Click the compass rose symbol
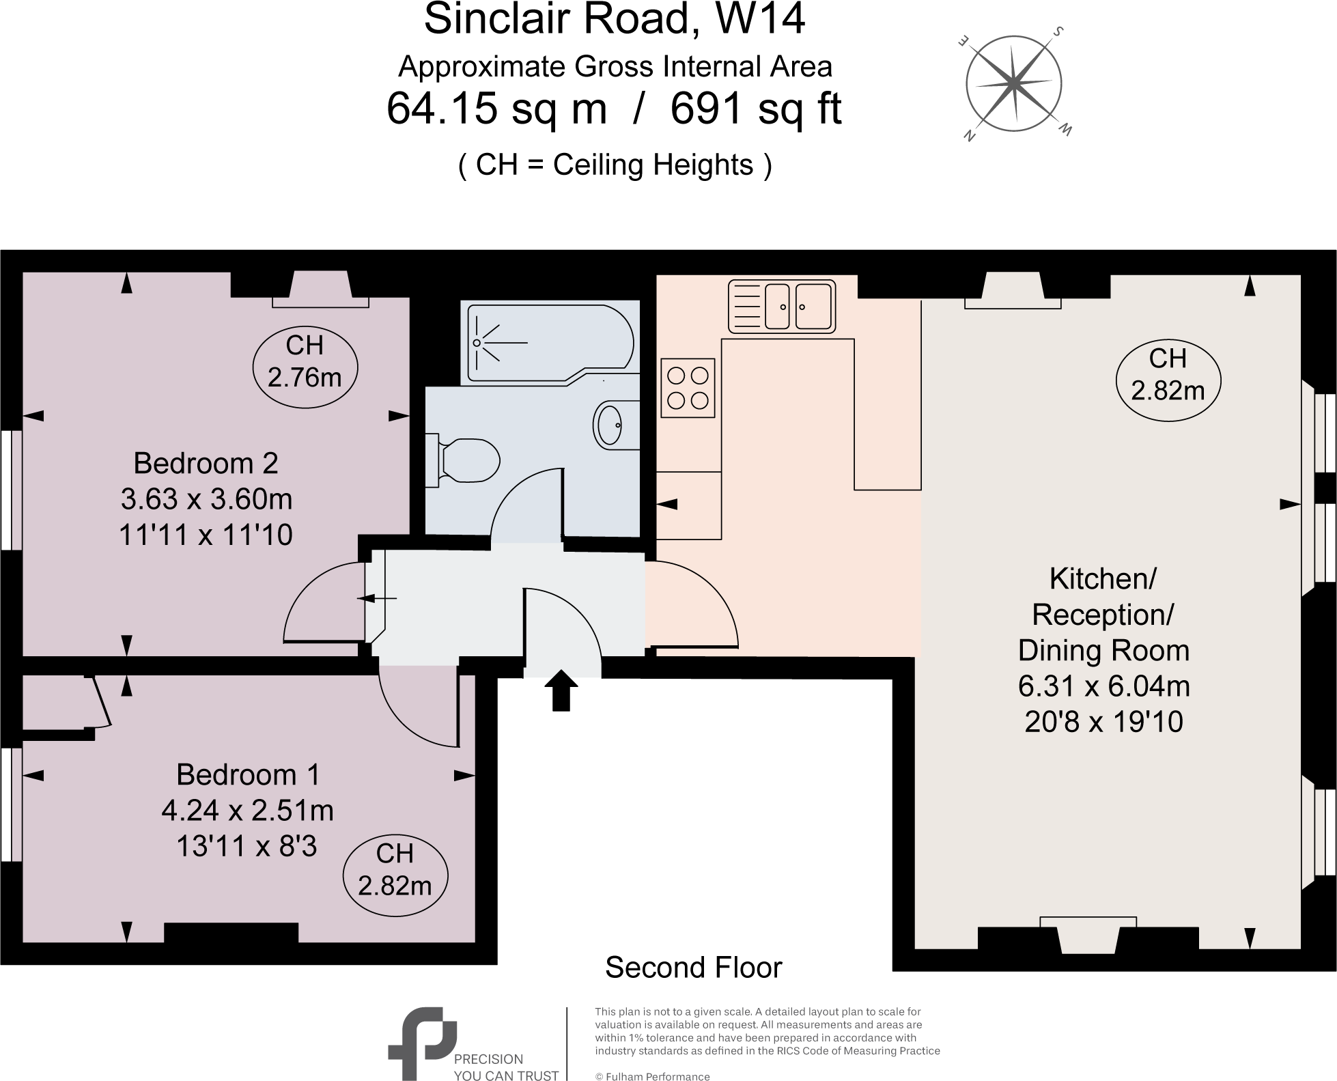click(1013, 83)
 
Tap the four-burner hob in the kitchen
click(688, 387)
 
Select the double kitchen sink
click(782, 307)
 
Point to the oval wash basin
click(610, 425)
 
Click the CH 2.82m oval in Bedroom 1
click(395, 869)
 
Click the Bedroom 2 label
click(206, 464)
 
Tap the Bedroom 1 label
click(248, 774)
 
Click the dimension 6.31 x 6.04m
click(1103, 686)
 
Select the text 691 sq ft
click(756, 109)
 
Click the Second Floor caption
click(693, 968)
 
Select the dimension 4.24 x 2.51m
click(247, 811)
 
